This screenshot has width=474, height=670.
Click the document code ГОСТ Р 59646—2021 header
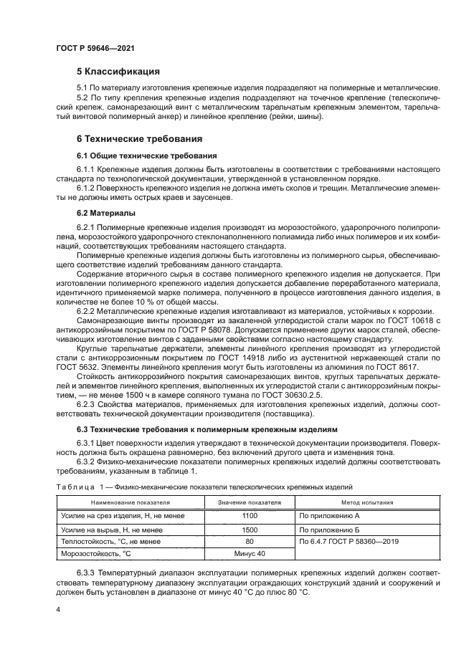pyautogui.click(x=95, y=47)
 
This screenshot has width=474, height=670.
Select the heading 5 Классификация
pyautogui.click(x=118, y=72)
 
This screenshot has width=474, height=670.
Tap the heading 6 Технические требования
pyautogui.click(x=139, y=138)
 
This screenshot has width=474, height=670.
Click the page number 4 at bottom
pyautogui.click(x=59, y=609)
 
